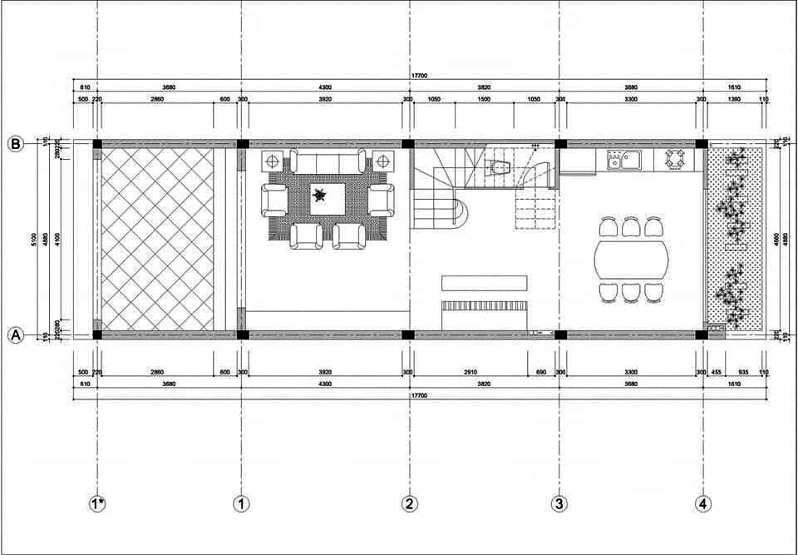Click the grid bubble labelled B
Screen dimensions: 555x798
click(15, 144)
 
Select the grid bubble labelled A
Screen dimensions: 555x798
click(15, 335)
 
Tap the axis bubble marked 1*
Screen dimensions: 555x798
click(98, 503)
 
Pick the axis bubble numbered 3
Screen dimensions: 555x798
click(559, 503)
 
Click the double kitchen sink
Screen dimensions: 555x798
click(623, 159)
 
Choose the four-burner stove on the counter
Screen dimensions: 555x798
click(674, 158)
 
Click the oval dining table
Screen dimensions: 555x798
click(631, 261)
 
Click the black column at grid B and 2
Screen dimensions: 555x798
click(408, 144)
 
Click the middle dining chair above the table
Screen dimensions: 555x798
click(631, 225)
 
